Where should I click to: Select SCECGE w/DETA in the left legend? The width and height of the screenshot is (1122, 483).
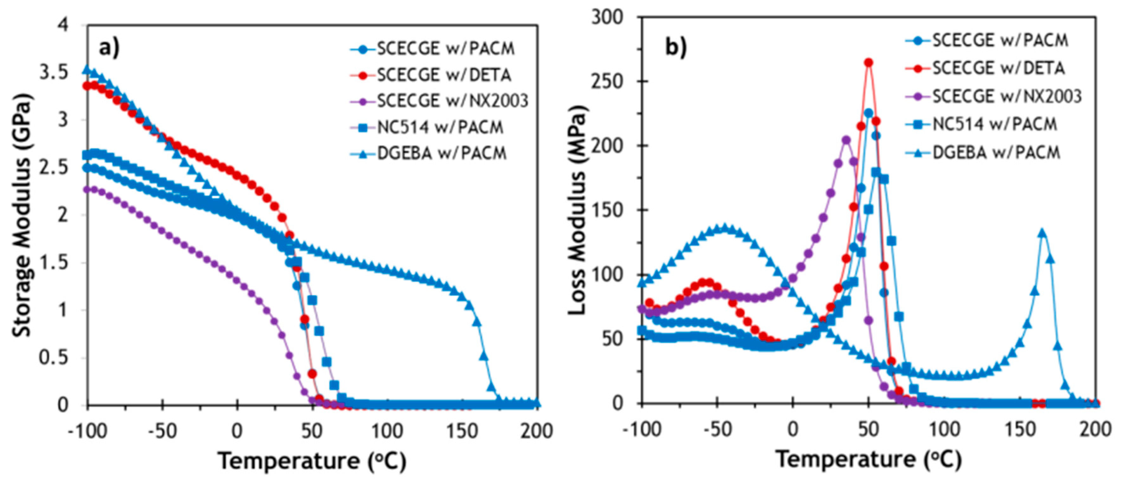tap(444, 75)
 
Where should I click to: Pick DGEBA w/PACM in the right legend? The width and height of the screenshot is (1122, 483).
tap(996, 152)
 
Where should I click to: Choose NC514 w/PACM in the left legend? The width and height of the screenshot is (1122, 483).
tap(440, 127)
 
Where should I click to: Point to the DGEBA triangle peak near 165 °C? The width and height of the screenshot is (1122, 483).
tap(1042, 233)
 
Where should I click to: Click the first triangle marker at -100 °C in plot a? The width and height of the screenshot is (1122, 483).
tap(87, 70)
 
